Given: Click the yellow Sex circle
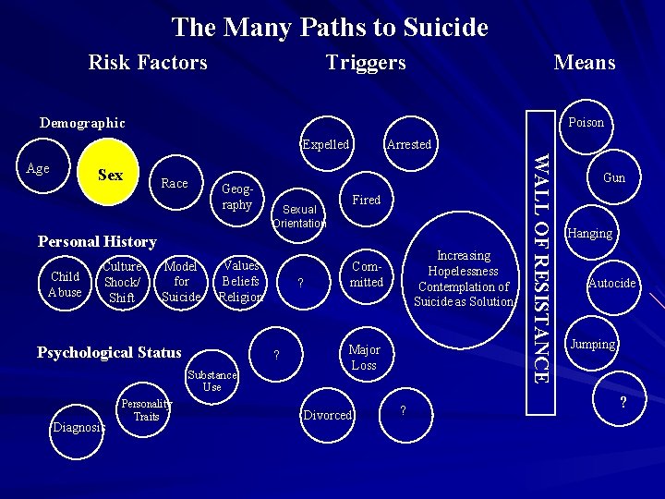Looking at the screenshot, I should [x=110, y=175].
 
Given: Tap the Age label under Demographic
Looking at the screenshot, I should [x=38, y=169].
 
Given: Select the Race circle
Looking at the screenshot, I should [x=174, y=183].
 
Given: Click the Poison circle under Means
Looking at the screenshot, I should [x=586, y=122].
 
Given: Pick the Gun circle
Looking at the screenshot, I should [x=613, y=177].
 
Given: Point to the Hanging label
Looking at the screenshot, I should [x=590, y=234].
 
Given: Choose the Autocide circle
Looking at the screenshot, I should [x=612, y=283].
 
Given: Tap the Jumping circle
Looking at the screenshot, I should [x=593, y=344].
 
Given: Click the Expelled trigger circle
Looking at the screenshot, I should [x=326, y=144].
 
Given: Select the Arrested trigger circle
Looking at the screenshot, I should [x=409, y=144].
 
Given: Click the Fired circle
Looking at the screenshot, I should [x=367, y=200].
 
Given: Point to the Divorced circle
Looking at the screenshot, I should [x=329, y=415].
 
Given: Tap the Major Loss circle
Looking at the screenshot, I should [x=364, y=357].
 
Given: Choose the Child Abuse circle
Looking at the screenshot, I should [x=65, y=284].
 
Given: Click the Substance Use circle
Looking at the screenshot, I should [x=212, y=381].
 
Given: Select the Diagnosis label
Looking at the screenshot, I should [x=79, y=427].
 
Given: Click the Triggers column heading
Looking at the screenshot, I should [x=365, y=62].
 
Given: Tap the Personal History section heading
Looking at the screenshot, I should [x=97, y=241].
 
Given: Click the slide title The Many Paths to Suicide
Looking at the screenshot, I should [x=330, y=27].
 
